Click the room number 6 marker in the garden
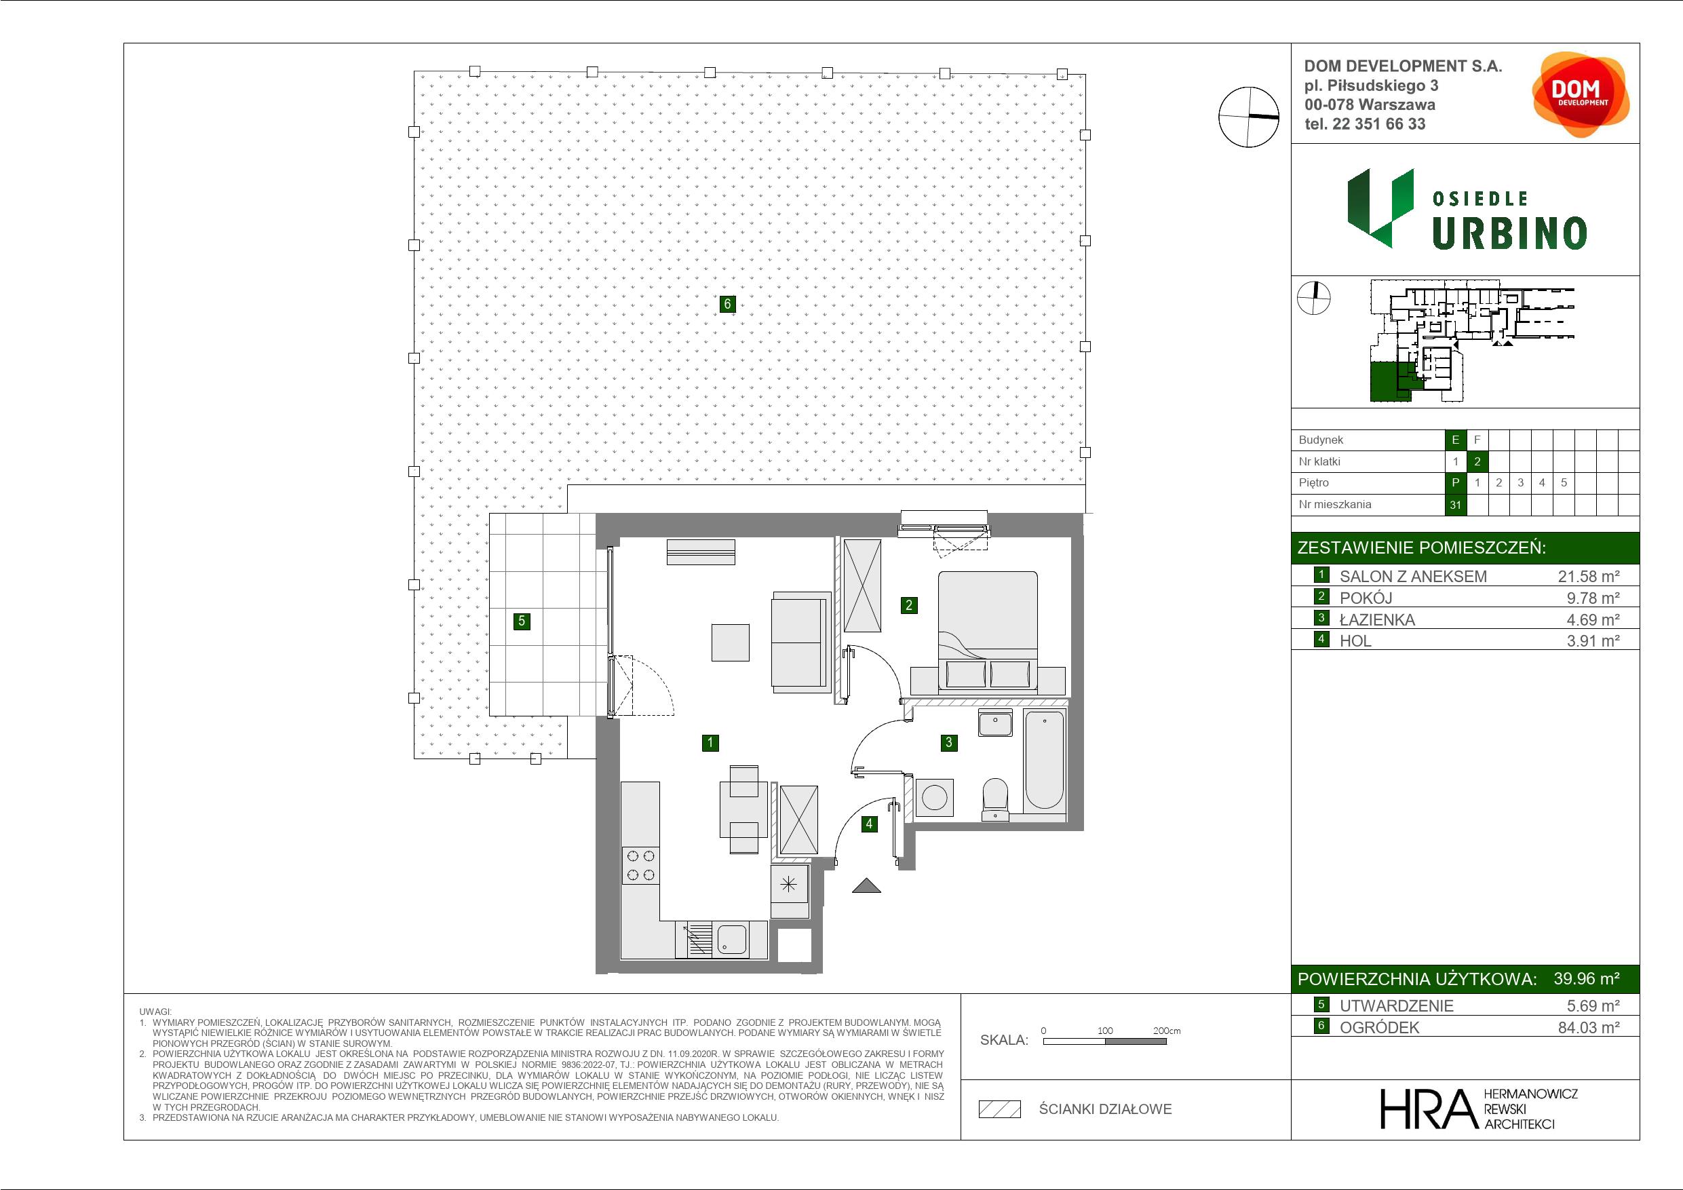[727, 303]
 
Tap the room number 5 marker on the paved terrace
[522, 621]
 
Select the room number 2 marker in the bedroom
[909, 605]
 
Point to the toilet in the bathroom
[994, 799]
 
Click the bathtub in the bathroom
[1045, 760]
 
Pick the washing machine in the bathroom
[934, 799]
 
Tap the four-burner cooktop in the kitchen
[640, 865]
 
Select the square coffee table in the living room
[730, 643]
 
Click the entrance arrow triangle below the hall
[866, 886]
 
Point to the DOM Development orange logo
[1581, 94]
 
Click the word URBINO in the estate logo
[1509, 234]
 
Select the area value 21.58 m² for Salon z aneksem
[1589, 576]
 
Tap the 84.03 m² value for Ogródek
[1589, 1027]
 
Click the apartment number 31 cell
[1455, 505]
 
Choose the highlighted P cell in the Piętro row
[1455, 482]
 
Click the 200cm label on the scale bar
[1166, 1030]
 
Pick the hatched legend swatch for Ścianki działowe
[1000, 1109]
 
